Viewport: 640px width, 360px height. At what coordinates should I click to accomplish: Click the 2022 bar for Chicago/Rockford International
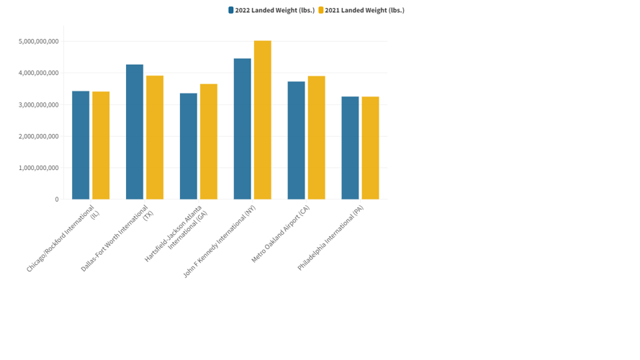[x=81, y=145]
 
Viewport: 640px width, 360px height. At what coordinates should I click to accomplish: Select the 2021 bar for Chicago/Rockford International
[x=101, y=145]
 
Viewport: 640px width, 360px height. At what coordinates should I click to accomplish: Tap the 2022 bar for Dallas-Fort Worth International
[x=135, y=132]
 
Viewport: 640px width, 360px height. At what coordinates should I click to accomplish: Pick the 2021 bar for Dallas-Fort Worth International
[x=155, y=138]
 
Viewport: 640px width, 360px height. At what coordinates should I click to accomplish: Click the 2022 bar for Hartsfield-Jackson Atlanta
[x=189, y=146]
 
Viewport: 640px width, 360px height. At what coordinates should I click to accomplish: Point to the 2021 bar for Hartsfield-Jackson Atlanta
[x=209, y=142]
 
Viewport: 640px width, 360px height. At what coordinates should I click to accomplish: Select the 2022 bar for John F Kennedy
[x=243, y=129]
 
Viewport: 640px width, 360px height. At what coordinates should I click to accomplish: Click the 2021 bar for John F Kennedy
[x=263, y=120]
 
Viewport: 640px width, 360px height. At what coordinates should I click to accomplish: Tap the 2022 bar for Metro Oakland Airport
[x=296, y=140]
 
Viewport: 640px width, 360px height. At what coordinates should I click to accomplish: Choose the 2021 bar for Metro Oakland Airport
[x=316, y=138]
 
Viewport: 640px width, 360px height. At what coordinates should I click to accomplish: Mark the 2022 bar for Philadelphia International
[x=350, y=148]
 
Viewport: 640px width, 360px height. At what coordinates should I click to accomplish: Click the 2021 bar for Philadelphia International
[x=370, y=148]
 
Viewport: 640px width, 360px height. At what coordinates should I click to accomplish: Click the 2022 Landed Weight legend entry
[x=271, y=10]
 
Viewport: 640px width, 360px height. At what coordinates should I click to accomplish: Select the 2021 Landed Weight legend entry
[x=361, y=10]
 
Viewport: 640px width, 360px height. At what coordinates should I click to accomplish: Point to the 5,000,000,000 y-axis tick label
[x=39, y=42]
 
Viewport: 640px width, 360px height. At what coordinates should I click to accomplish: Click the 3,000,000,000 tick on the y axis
[x=39, y=105]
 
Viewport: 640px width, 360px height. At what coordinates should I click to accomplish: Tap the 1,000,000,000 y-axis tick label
[x=39, y=168]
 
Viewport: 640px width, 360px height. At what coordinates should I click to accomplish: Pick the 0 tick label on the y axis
[x=56, y=199]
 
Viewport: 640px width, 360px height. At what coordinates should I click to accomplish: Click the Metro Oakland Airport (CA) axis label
[x=281, y=234]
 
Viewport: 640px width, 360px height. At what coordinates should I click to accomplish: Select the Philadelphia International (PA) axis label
[x=331, y=238]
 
